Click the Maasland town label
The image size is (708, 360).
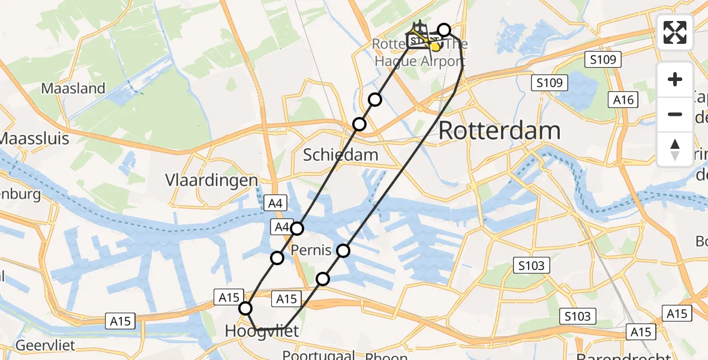(73, 89)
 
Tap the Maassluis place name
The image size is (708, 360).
(35, 139)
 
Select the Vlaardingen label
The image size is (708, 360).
(212, 180)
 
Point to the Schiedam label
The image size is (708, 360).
(340, 155)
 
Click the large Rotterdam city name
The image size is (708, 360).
(500, 131)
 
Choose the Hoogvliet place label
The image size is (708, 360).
(262, 331)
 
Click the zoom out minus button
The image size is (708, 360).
(675, 114)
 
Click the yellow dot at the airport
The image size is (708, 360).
(435, 46)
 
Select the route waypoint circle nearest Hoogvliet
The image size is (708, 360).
(245, 308)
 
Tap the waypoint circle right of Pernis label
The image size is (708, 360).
(343, 250)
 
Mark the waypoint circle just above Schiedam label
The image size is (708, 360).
(359, 124)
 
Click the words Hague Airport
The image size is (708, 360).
(420, 61)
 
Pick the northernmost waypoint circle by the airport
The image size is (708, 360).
(444, 30)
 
